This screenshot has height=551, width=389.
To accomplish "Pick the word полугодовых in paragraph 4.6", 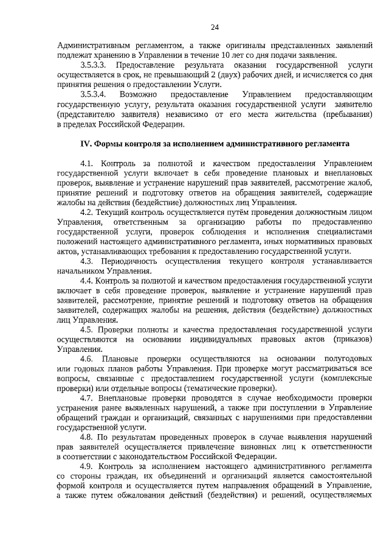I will pos(343,359).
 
